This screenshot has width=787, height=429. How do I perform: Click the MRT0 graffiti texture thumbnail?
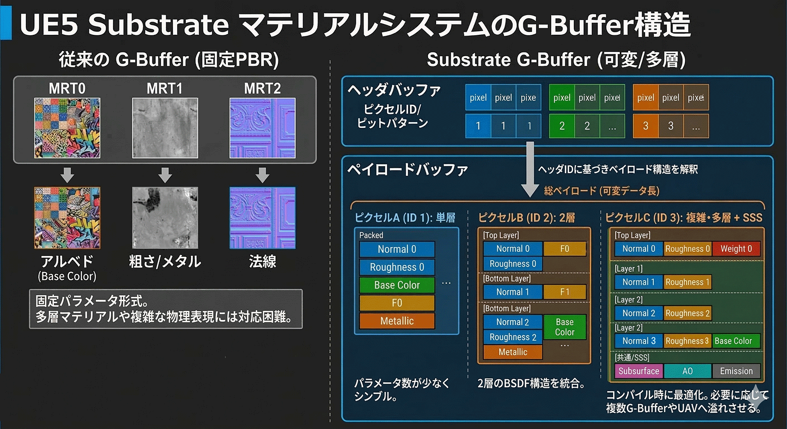click(x=67, y=128)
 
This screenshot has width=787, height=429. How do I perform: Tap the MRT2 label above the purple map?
click(x=262, y=89)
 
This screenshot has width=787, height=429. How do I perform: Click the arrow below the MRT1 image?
click(x=165, y=175)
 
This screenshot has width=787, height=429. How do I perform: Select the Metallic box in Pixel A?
click(x=397, y=321)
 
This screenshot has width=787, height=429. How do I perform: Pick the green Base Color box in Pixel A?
click(x=397, y=285)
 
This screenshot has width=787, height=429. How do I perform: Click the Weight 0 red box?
click(x=736, y=249)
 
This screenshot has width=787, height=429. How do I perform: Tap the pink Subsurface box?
click(x=639, y=371)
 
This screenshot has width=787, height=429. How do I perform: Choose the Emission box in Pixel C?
click(x=736, y=371)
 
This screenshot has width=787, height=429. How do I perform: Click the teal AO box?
click(x=687, y=371)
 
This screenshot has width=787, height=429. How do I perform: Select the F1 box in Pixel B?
click(x=564, y=292)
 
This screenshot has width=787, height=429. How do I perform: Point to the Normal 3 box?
click(x=639, y=341)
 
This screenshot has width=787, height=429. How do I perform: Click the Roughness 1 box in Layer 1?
click(x=687, y=282)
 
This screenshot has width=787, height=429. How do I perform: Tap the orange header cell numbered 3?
click(x=646, y=126)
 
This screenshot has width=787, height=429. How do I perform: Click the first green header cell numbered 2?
click(x=562, y=126)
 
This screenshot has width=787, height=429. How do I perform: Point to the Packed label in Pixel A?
click(x=371, y=235)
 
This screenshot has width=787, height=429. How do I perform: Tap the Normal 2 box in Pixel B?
click(x=512, y=322)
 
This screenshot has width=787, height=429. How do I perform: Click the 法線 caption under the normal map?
click(x=262, y=261)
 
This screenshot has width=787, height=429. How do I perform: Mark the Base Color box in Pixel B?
click(x=564, y=327)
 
